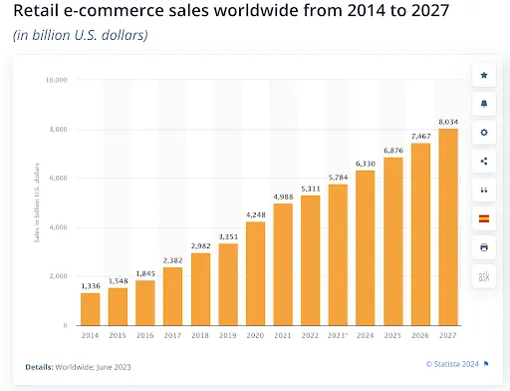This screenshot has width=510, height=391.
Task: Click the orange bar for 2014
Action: tap(90, 309)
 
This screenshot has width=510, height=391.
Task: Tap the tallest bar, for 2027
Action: tap(448, 226)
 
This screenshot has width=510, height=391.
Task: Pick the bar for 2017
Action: tap(173, 296)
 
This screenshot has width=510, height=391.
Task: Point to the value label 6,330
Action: tap(367, 163)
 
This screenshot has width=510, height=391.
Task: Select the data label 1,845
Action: tap(145, 272)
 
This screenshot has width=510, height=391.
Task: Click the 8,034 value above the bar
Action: tap(448, 121)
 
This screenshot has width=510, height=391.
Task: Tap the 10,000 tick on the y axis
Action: tap(57, 80)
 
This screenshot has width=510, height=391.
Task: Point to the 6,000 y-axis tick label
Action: tap(59, 179)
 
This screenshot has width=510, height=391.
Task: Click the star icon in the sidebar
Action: tap(484, 76)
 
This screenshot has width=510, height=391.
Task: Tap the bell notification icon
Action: tap(484, 104)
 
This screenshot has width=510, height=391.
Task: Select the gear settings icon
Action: tap(484, 133)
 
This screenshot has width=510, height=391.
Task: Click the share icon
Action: tap(484, 161)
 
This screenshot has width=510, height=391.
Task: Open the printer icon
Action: tap(484, 246)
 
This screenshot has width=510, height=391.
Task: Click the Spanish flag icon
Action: tap(484, 218)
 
